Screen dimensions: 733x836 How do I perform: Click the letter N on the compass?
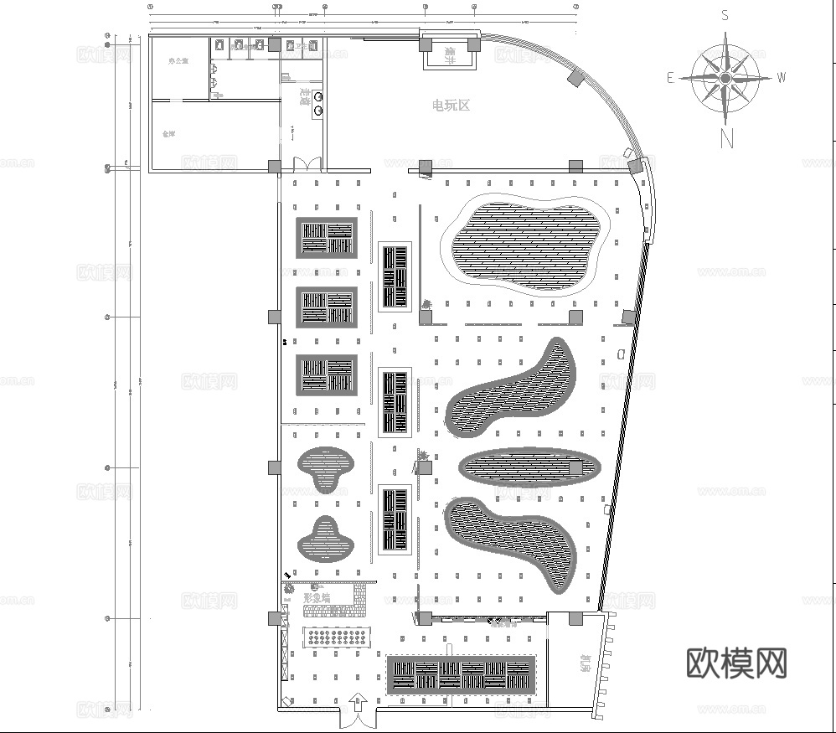coord(726,138)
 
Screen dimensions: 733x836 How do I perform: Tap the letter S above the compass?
coord(725,14)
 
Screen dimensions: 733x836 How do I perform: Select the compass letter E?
coord(670,78)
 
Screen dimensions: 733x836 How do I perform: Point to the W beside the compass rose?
coord(782,77)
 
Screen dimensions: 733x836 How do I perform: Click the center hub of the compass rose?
coord(725,77)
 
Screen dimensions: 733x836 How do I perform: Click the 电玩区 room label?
coord(451,106)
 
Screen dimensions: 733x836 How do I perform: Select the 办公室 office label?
coord(178,61)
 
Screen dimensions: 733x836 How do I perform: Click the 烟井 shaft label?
coord(450,55)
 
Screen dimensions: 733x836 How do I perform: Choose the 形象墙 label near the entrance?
coord(316,597)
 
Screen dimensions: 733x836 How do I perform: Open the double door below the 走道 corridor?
coord(302,164)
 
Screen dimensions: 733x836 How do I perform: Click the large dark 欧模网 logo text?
coord(737,663)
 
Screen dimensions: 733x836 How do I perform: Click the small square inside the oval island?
coord(575,467)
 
